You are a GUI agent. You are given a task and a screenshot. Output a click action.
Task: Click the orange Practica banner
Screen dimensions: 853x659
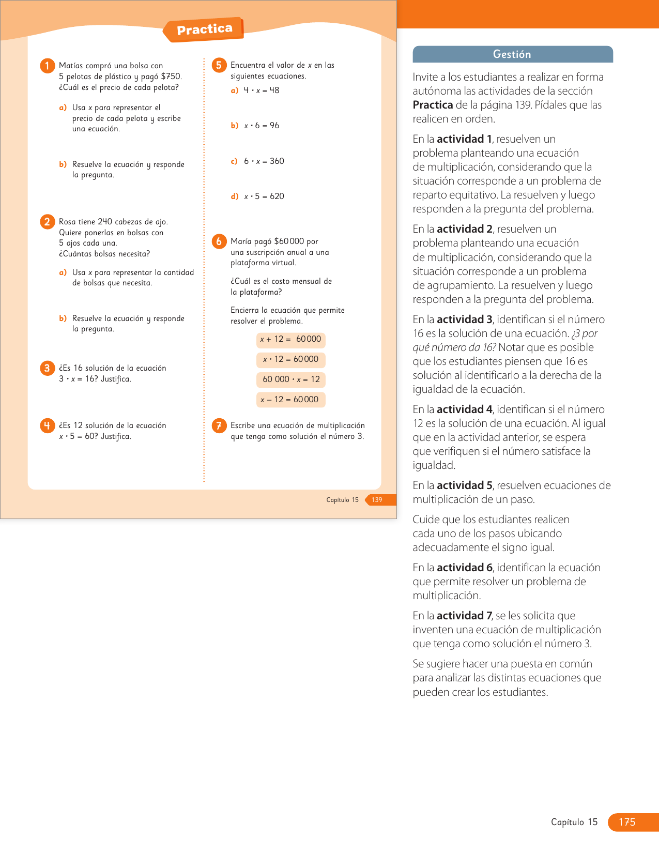pos(204,29)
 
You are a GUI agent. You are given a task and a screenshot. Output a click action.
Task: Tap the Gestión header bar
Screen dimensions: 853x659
pos(512,54)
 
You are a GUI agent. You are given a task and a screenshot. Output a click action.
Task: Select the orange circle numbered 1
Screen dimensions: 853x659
pos(47,66)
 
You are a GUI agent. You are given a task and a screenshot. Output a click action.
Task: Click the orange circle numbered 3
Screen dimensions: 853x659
pos(47,368)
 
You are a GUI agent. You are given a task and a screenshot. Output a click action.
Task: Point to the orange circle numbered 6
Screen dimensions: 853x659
pos(219,241)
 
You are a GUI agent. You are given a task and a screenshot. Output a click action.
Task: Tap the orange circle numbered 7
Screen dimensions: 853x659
pos(219,425)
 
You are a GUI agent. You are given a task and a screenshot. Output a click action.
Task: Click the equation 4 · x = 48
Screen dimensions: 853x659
pos(262,90)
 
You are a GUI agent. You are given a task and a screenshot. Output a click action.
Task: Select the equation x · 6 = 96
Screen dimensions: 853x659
pos(262,126)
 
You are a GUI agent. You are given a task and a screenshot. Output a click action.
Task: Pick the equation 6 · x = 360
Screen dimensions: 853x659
pos(264,161)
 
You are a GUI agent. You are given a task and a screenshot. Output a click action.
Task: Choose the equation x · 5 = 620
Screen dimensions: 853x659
pos(264,196)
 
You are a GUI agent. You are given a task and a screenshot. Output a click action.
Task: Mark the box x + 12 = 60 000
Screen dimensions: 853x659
pos(290,340)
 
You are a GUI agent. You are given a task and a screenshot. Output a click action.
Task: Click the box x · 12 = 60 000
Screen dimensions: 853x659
pos(290,359)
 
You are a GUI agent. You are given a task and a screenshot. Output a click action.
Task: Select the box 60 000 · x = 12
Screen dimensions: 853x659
pos(291,379)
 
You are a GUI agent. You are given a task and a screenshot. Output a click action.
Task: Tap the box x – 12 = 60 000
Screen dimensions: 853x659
pos(290,400)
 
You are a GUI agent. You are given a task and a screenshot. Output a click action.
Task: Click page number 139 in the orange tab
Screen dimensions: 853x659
pos(377,500)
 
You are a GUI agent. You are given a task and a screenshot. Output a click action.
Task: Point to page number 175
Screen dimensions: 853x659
pos(627,822)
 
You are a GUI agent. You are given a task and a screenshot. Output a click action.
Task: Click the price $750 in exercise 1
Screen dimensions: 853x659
pos(171,77)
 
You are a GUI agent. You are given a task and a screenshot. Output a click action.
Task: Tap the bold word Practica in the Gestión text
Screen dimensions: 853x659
pos(433,105)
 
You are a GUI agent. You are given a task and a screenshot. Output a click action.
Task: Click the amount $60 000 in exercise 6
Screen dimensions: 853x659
pos(289,241)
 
